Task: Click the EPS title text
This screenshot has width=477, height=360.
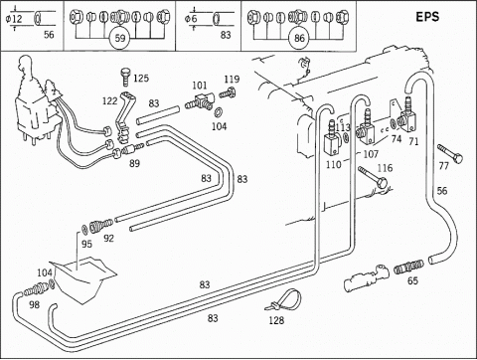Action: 427,17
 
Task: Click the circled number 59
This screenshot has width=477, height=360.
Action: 120,38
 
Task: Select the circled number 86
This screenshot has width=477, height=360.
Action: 299,38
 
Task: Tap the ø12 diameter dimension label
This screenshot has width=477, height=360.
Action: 14,19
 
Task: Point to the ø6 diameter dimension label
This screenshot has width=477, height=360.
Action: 191,19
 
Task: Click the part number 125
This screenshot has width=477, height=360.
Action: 141,79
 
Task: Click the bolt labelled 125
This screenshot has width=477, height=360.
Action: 125,77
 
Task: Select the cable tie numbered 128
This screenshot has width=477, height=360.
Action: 284,299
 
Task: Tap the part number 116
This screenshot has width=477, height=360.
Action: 385,168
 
